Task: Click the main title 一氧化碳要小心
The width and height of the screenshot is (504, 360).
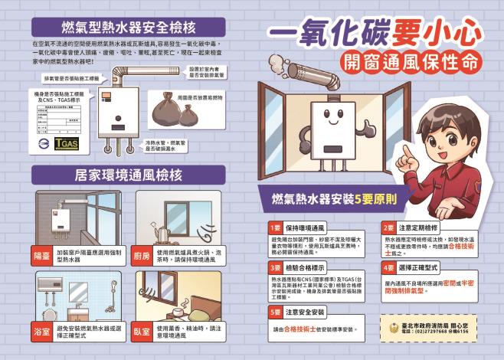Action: [x=375, y=34]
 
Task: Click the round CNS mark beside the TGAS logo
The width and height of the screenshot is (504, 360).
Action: [x=45, y=143]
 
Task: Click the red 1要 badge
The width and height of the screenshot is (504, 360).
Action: [x=274, y=228]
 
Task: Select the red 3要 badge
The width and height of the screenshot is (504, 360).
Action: [x=274, y=268]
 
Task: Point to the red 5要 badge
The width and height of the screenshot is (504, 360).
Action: [x=274, y=312]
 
